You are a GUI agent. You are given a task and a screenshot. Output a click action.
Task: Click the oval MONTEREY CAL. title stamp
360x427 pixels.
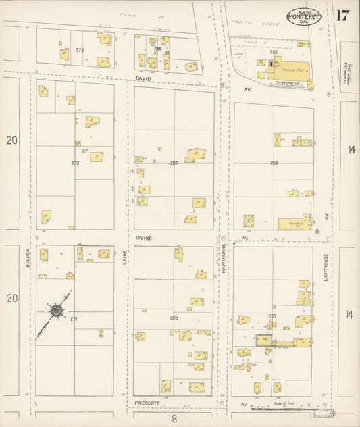pyautogui.click(x=303, y=16)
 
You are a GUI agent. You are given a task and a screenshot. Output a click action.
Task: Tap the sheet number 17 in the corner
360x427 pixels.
pyautogui.click(x=342, y=16)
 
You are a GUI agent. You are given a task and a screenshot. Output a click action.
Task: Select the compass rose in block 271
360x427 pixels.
pyautogui.click(x=55, y=311)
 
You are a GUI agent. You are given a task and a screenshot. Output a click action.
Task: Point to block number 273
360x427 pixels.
pyautogui.click(x=80, y=50)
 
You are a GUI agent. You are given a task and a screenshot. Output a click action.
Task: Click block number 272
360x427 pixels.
pyautogui.click(x=75, y=163)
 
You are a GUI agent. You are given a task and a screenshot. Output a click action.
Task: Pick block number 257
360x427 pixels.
pyautogui.click(x=174, y=163)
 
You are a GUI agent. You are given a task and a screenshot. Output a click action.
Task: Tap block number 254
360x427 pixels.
pyautogui.click(x=274, y=163)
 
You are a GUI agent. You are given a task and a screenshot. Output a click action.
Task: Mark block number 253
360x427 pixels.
pyautogui.click(x=272, y=316)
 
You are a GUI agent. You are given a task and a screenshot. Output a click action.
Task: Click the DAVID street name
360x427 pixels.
pyautogui.click(x=143, y=79)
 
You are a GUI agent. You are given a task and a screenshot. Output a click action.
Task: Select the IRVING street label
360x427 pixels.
pyautogui.click(x=143, y=238)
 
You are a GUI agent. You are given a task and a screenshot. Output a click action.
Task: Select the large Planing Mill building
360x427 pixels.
pyautogui.click(x=292, y=70)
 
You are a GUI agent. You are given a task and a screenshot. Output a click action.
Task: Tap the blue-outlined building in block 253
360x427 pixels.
pyautogui.click(x=263, y=341)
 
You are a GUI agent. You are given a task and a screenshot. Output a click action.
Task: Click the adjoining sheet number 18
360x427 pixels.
pyautogui.click(x=174, y=419)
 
